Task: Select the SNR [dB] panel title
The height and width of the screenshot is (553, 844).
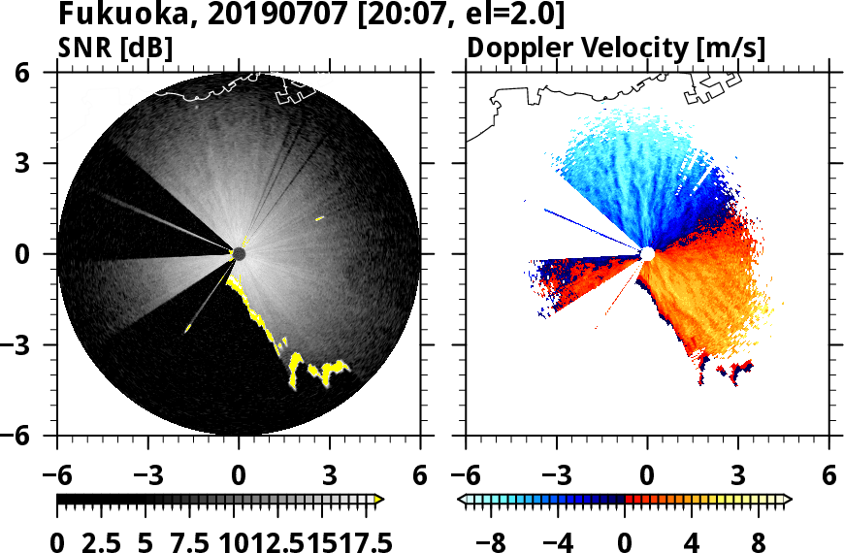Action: [x=115, y=48]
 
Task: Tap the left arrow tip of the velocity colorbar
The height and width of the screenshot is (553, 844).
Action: [x=462, y=500]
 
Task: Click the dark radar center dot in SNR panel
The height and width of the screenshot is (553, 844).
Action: [x=239, y=254]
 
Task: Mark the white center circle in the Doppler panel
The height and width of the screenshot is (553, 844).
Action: [x=647, y=254]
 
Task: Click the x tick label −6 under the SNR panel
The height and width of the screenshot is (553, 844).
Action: [x=57, y=476]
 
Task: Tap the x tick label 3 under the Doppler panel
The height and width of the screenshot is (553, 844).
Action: [x=738, y=476]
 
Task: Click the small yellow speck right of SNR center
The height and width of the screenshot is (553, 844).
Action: [x=319, y=218]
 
